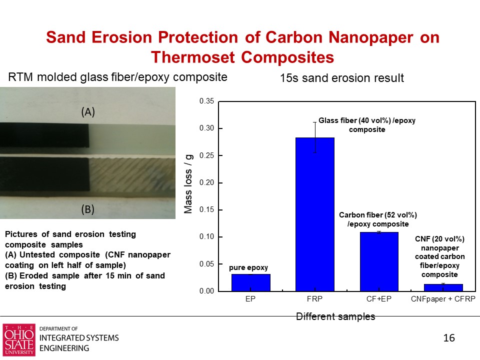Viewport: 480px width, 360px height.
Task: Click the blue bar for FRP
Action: click(314, 214)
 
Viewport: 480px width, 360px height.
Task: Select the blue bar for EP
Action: click(250, 282)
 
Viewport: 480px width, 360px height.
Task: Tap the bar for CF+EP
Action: click(379, 261)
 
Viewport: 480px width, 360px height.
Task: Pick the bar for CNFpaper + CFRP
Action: click(443, 287)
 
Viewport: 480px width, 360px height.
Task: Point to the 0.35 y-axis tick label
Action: click(206, 101)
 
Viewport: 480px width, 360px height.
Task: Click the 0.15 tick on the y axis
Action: click(206, 210)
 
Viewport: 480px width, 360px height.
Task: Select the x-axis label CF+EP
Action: click(379, 299)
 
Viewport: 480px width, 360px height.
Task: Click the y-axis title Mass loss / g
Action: click(188, 184)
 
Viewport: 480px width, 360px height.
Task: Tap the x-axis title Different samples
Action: click(335, 316)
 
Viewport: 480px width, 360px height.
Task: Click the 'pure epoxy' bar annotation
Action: click(248, 267)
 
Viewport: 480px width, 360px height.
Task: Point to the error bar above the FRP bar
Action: click(314, 137)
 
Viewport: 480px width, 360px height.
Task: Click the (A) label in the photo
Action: click(88, 112)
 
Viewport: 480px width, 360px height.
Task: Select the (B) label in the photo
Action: click(87, 209)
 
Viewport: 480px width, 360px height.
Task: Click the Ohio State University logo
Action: click(19, 340)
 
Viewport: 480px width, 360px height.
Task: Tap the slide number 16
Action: click(449, 338)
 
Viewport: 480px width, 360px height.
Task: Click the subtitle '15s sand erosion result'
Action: click(342, 78)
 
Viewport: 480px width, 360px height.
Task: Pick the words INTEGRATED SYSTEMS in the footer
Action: click(79, 338)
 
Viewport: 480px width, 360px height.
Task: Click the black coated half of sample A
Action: click(44, 135)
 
